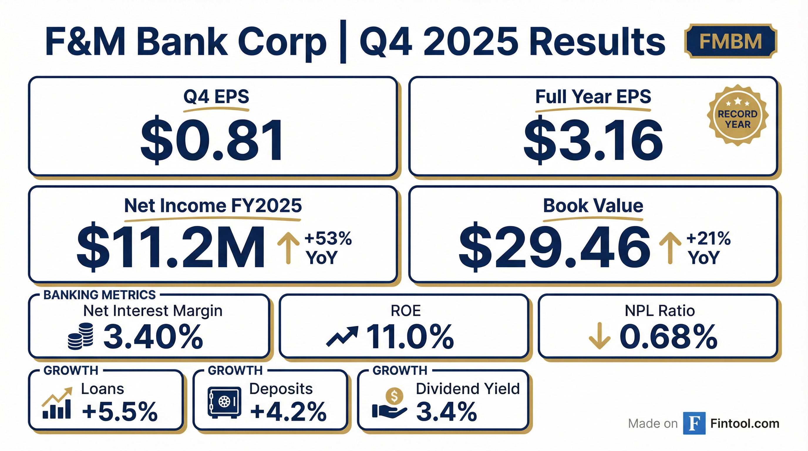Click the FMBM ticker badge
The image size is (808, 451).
click(x=730, y=41)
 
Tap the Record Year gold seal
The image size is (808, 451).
click(x=738, y=115)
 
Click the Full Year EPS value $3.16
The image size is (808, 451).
click(x=593, y=140)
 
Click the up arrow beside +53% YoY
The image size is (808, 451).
click(x=288, y=248)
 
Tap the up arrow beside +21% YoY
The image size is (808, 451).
click(x=670, y=248)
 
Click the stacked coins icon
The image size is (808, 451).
click(x=81, y=336)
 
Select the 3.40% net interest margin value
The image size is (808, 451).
click(x=153, y=337)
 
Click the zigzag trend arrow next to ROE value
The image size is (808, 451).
click(x=342, y=336)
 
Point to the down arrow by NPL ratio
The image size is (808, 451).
click(x=600, y=336)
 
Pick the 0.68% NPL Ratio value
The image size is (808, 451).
click(x=669, y=337)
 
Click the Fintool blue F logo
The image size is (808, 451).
click(x=694, y=423)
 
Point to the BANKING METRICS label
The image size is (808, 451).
click(x=100, y=295)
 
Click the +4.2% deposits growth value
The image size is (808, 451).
click(x=288, y=411)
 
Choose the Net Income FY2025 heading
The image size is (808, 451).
click(x=213, y=206)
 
